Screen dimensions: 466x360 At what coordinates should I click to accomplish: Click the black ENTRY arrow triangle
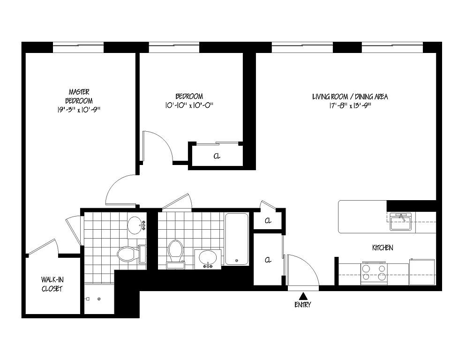tap(303, 296)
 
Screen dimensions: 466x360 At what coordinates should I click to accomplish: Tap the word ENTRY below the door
tap(303, 305)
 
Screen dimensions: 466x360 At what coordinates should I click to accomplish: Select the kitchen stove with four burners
tap(375, 273)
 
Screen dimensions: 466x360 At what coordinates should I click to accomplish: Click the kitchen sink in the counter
tap(400, 221)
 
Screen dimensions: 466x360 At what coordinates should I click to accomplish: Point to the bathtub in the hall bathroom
tap(237, 239)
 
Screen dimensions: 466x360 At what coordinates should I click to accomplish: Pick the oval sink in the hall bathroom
tap(208, 258)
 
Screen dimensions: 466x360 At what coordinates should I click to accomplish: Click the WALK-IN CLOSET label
tap(52, 284)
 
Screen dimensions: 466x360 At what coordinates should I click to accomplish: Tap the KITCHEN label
tap(383, 247)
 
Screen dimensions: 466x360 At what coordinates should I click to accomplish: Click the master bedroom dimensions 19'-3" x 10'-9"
tap(79, 110)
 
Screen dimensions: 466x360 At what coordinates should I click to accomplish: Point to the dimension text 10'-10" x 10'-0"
tap(189, 105)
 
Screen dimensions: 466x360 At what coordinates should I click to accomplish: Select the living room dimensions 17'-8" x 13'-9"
tap(350, 106)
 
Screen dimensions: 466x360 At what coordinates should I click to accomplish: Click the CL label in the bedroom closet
tap(217, 156)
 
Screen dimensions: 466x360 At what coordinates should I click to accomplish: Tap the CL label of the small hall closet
tap(268, 221)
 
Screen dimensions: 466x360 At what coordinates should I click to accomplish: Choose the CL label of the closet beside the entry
tap(268, 260)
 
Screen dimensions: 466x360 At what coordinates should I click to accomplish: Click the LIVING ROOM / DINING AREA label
tap(350, 97)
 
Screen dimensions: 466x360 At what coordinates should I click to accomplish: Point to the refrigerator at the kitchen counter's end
tap(422, 272)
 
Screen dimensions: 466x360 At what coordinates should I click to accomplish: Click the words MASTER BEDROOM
tap(79, 96)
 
